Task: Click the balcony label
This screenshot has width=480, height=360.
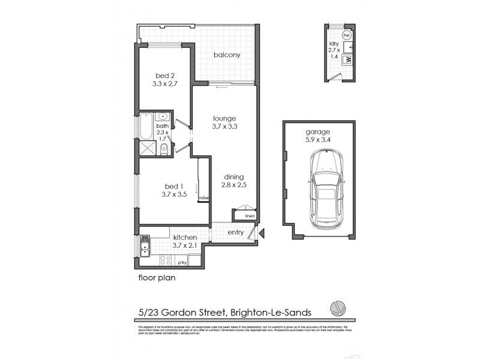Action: [x=227, y=55]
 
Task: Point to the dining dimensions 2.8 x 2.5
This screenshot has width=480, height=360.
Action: [x=235, y=186]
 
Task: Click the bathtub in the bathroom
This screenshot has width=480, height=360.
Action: [x=145, y=127]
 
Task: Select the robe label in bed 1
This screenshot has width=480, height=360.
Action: [x=203, y=197]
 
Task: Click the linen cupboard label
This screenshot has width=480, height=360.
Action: [x=250, y=215]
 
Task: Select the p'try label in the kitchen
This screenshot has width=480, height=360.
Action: [x=182, y=263]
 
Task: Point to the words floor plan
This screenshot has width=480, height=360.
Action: [x=157, y=278]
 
